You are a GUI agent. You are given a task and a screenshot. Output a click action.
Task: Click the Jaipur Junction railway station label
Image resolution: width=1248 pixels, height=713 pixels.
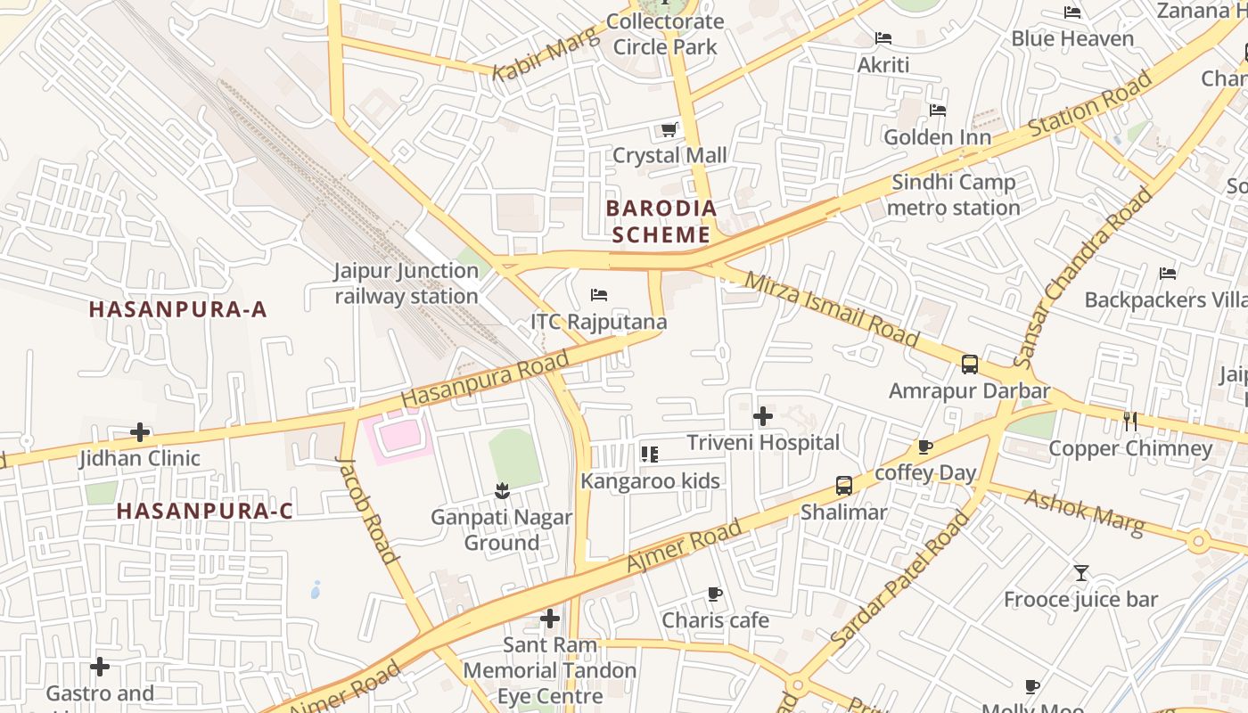tap(406, 283)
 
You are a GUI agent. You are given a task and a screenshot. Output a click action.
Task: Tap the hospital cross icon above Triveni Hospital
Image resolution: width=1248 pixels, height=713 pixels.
tap(763, 416)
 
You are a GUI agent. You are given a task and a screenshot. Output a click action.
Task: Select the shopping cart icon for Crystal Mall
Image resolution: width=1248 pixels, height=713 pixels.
tap(669, 130)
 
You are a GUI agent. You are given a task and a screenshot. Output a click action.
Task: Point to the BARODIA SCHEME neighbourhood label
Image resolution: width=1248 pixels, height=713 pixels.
tap(661, 221)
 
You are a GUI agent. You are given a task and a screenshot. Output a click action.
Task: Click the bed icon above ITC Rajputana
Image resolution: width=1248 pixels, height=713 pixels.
tap(599, 295)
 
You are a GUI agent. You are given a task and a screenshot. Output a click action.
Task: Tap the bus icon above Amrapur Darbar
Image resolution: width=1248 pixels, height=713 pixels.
tap(969, 365)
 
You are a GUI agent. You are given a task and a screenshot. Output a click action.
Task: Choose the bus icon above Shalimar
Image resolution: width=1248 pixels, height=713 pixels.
tap(843, 486)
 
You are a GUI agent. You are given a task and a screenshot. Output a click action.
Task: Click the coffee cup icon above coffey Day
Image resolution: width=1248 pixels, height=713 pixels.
tap(925, 447)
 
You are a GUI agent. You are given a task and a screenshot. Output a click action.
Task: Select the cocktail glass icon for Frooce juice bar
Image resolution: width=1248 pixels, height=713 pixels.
tap(1080, 573)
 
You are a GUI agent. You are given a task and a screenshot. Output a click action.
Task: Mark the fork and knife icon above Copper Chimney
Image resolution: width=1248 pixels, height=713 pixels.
tap(1130, 421)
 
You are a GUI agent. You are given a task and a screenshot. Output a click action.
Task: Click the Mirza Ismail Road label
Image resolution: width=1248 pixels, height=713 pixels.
tap(831, 309)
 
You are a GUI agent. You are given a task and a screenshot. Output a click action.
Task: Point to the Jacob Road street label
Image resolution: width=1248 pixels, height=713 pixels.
tap(367, 510)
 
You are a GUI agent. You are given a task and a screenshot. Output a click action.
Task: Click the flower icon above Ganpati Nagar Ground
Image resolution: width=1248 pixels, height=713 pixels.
tap(502, 490)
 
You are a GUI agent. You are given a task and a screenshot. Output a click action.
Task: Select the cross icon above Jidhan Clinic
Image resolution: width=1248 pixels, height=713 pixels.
tap(140, 432)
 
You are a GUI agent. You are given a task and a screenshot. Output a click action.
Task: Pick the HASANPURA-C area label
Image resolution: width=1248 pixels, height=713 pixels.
tap(204, 511)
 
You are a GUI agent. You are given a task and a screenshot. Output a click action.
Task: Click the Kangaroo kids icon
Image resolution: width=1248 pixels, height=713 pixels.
tap(649, 455)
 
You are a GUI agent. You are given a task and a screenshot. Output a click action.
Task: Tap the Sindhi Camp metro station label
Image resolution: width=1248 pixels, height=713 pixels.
tap(953, 195)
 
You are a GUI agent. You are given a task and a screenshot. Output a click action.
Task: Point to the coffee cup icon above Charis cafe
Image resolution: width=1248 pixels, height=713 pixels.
tap(714, 594)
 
